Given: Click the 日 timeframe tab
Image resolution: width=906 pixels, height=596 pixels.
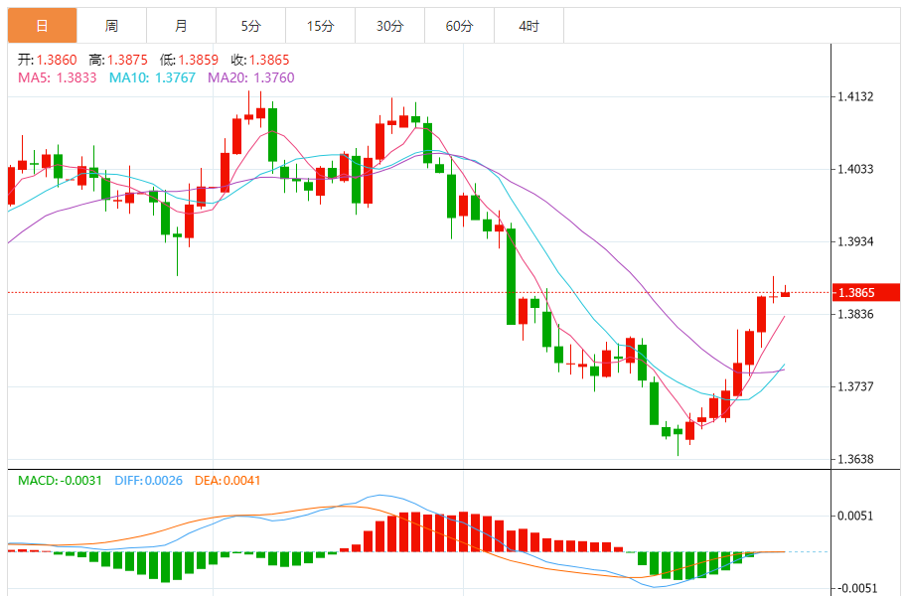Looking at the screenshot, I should tap(42, 26).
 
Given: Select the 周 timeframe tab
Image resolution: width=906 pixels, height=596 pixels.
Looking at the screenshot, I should tap(111, 26).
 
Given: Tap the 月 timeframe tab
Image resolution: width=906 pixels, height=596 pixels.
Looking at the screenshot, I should tap(181, 26).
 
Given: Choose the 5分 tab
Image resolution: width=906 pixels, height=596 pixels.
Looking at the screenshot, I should tap(250, 26).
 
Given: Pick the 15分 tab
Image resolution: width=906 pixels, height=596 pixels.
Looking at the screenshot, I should tap(320, 26).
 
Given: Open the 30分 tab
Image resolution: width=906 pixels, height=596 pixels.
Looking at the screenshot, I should tap(389, 26).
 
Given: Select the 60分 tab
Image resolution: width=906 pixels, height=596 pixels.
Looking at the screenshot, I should tap(459, 26).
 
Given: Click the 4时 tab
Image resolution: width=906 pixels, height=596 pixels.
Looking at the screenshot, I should tap(528, 26).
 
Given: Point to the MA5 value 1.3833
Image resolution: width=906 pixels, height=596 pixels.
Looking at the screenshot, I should tap(76, 77).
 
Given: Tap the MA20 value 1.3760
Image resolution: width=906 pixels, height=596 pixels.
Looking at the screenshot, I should tap(274, 77).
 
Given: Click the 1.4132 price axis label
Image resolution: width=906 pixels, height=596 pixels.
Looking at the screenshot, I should tap(855, 96).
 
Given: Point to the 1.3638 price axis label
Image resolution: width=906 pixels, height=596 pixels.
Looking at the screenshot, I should tap(855, 459).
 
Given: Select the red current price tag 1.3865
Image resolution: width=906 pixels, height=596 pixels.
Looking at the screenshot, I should tap(855, 293).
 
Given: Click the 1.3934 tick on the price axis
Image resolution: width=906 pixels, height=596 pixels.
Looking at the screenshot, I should tap(855, 241).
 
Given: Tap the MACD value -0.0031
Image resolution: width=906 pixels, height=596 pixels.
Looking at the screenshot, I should tap(82, 481).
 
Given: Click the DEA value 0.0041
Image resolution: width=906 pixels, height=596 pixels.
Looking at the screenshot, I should tap(241, 481).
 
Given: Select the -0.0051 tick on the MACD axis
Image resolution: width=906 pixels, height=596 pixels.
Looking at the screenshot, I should tap(855, 588).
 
